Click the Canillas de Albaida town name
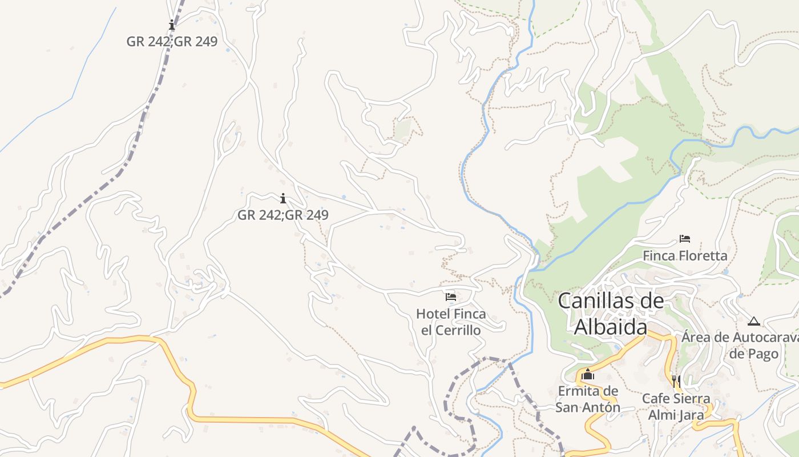point(611,314)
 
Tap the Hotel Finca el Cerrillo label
point(451,322)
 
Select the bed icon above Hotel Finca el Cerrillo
point(451,297)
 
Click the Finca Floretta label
point(685,255)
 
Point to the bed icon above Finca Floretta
point(685,238)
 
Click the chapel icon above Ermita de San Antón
point(588,375)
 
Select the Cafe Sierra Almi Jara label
point(676,406)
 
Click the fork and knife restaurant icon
point(676,380)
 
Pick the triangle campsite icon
point(754,321)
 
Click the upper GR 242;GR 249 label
point(172,42)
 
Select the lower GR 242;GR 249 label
point(283,215)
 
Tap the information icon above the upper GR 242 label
point(172,25)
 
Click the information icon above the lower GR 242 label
point(283,198)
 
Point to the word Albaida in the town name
point(611,327)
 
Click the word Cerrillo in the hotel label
point(457,330)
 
